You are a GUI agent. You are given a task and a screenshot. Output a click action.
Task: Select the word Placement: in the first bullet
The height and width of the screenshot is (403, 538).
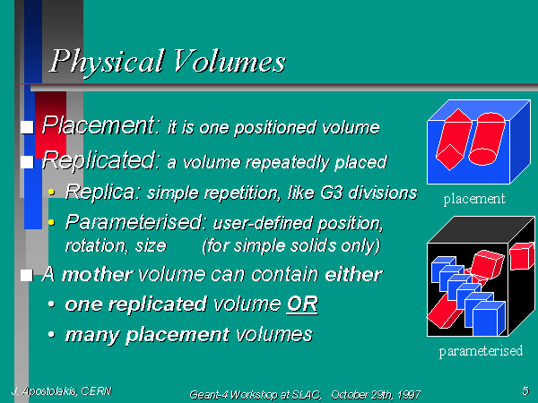(x=100, y=125)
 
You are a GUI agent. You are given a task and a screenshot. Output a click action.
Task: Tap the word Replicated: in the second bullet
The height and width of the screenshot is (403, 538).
(x=100, y=160)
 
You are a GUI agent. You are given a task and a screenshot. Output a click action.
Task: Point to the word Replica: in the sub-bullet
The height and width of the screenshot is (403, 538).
(x=102, y=192)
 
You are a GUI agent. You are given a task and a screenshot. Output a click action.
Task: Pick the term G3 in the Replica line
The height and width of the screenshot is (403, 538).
(x=332, y=193)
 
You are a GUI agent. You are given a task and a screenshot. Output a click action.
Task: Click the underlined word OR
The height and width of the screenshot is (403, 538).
(x=302, y=304)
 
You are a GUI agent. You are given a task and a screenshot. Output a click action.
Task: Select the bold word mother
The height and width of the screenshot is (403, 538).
(x=97, y=275)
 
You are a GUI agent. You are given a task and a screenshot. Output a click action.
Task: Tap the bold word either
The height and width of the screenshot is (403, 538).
(x=353, y=274)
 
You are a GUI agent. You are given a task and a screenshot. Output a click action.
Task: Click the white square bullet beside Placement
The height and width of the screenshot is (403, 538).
(x=27, y=127)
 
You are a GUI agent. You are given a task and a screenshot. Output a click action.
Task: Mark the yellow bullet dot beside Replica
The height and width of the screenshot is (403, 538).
(x=51, y=192)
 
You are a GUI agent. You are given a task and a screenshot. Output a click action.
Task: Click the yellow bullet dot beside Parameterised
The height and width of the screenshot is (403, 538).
(x=51, y=223)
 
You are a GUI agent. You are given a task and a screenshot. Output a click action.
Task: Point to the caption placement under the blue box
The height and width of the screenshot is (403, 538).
(x=474, y=199)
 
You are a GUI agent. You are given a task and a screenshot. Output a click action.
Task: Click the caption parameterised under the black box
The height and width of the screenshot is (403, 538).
(x=481, y=351)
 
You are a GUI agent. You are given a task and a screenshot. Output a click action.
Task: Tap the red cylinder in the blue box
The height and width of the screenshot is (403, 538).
(x=487, y=139)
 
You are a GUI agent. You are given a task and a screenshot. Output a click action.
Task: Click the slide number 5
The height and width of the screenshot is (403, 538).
(x=525, y=390)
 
